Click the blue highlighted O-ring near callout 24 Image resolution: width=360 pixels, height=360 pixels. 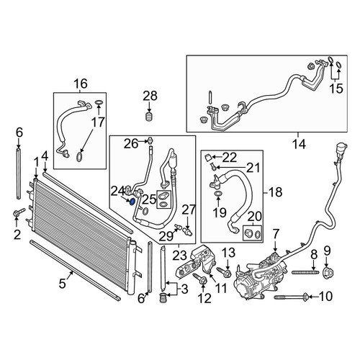[132, 202]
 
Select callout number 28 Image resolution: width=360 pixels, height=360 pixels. [150, 96]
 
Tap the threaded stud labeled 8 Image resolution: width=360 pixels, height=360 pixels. [305, 272]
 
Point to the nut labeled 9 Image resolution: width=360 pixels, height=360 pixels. [328, 272]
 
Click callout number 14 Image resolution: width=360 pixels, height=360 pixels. [299, 145]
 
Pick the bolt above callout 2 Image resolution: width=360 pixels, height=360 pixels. [19, 212]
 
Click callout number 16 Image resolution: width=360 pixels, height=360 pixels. [81, 84]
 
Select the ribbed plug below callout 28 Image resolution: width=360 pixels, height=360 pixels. [150, 117]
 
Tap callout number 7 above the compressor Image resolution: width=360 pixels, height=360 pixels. [275, 234]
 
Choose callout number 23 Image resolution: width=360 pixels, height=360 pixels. [180, 255]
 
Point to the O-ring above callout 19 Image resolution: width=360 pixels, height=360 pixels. [218, 194]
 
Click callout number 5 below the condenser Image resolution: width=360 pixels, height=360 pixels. [62, 284]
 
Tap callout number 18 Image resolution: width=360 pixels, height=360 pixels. [276, 192]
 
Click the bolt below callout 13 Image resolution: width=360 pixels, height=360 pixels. [224, 271]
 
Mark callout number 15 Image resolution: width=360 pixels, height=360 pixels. [336, 89]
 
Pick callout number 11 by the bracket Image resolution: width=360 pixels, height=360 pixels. [220, 288]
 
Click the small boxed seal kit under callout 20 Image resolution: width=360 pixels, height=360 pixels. [253, 233]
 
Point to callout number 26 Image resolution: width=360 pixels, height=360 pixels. [131, 144]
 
